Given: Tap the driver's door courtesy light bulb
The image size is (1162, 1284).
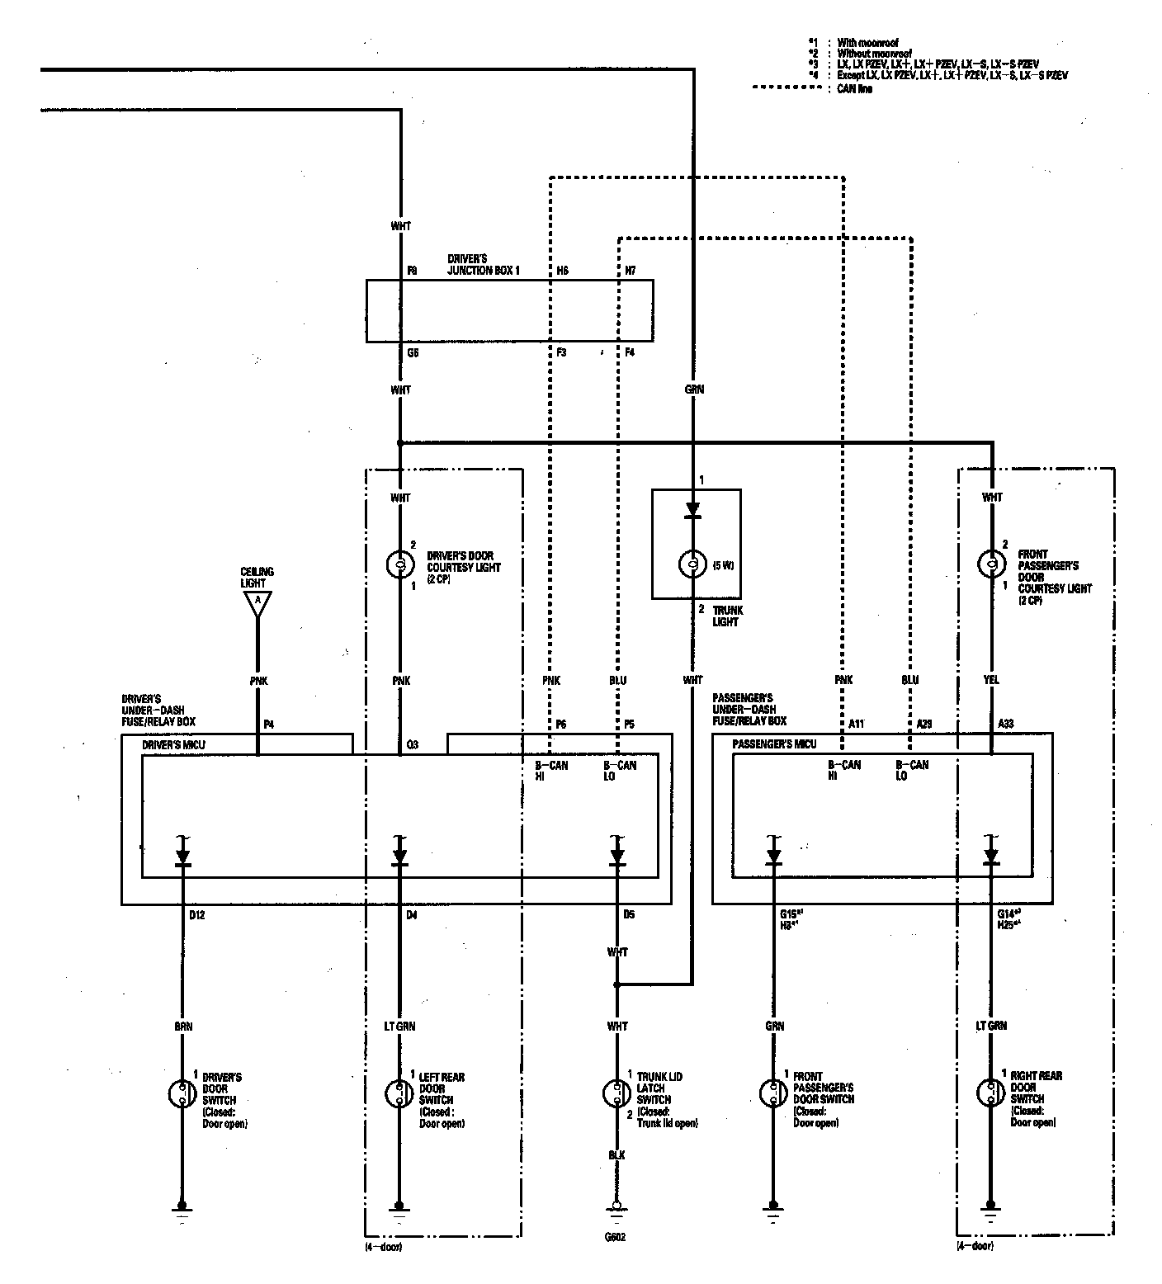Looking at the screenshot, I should click(x=399, y=564).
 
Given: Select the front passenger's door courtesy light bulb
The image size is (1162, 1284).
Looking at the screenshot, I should click(x=991, y=564).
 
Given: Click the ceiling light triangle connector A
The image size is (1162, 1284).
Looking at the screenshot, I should click(x=257, y=603).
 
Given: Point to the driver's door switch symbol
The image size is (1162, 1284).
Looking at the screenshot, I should click(x=182, y=1094).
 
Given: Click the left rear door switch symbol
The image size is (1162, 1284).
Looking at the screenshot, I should click(x=399, y=1094).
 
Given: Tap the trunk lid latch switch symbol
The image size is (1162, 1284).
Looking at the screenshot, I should click(x=616, y=1094).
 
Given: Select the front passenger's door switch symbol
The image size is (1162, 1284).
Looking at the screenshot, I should click(x=772, y=1093).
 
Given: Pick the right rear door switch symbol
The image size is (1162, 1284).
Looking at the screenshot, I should click(x=991, y=1093).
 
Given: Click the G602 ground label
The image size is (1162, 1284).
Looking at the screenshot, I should click(x=616, y=1238).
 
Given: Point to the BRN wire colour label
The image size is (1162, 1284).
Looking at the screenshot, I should click(x=182, y=1027).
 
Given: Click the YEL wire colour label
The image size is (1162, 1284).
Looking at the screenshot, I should click(x=992, y=681).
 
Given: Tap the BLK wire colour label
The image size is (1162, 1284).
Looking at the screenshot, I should click(x=616, y=1155).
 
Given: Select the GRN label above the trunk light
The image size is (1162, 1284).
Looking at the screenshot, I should click(x=693, y=389).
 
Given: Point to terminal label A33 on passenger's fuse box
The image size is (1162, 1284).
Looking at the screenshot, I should click(x=1005, y=724).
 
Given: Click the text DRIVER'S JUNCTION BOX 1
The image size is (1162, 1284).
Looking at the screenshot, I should click(x=484, y=264).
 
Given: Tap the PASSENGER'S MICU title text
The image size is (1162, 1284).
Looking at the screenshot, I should click(x=774, y=743).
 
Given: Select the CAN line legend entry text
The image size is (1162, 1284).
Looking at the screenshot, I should click(x=854, y=88).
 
